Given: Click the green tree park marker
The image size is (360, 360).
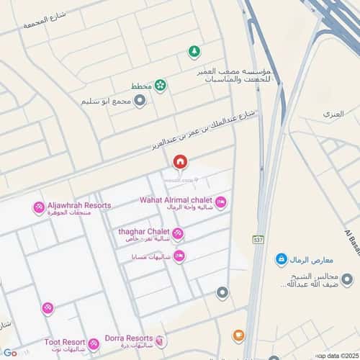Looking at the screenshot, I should click(194, 52).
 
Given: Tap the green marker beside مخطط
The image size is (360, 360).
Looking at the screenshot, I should click(160, 86).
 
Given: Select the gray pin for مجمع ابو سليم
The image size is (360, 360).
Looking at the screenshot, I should click(140, 101).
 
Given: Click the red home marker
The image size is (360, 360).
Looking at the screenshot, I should click(179, 161).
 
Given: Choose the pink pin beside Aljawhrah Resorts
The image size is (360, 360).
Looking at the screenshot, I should click(38, 208).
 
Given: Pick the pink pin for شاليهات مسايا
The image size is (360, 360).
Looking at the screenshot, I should click(179, 256).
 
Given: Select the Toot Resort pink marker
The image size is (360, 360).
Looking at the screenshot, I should click(94, 344).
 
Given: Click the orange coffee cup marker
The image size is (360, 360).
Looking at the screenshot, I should click(238, 336).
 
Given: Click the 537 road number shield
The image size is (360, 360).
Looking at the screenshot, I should click(258, 239).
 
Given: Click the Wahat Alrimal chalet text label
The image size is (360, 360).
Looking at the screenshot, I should click(176, 199).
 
